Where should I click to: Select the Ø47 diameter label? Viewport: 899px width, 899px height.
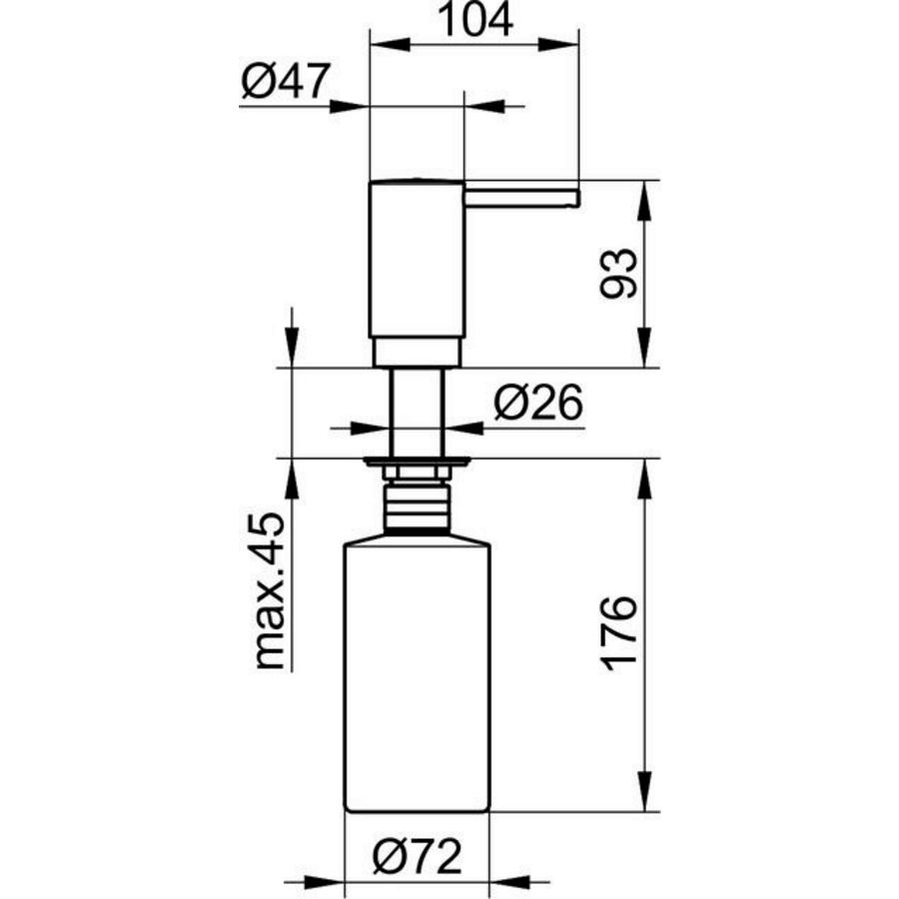[x=285, y=83]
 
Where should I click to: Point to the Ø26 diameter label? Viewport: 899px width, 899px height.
[x=538, y=404]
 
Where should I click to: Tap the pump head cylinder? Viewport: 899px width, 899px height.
[x=417, y=260]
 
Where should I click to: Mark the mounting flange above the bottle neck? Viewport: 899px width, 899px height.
[x=417, y=462]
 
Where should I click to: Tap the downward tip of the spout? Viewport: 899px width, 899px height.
[x=572, y=203]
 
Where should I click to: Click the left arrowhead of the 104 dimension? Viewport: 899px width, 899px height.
[x=384, y=43]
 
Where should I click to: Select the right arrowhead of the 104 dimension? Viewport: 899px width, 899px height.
[x=565, y=43]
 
